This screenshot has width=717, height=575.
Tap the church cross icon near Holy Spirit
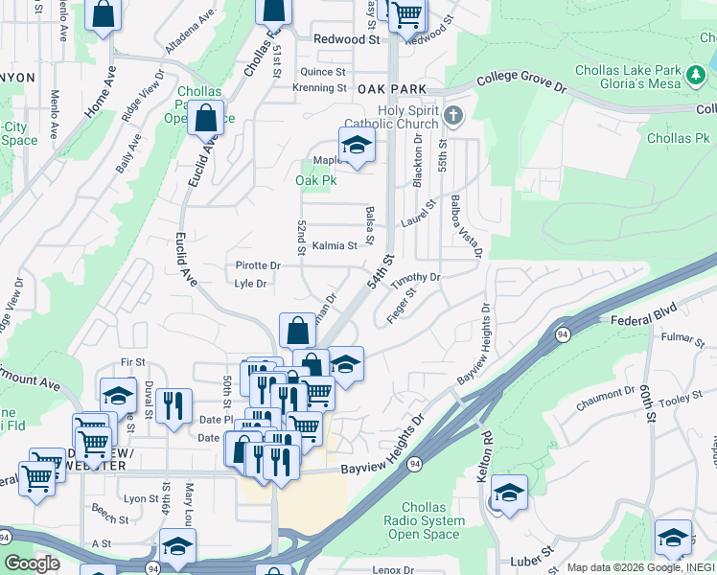coord(454,117)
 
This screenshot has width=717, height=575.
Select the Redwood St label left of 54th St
coord(347,39)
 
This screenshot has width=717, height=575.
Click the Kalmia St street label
coord(335,245)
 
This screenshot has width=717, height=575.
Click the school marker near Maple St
coord(357,147)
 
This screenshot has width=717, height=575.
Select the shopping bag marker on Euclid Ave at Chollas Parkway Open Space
coord(205,120)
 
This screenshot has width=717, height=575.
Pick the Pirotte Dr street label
coord(257,265)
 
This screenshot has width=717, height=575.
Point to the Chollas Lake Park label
coord(628,70)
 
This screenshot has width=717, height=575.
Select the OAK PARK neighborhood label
coord(391,87)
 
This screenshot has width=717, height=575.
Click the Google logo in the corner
coord(32,563)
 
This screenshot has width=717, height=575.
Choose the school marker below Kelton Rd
coord(509,494)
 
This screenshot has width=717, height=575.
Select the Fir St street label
coord(132,362)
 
